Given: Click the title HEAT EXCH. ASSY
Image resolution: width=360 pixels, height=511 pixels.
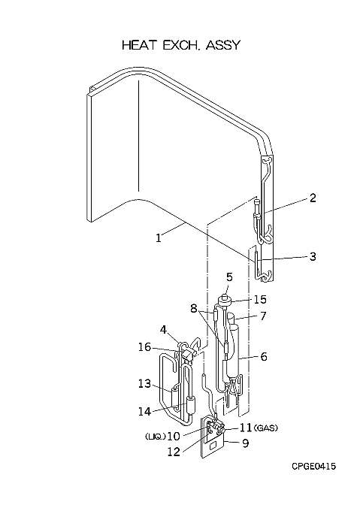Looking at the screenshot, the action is point(181,45).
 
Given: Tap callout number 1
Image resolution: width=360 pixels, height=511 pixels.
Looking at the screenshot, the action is point(159,238).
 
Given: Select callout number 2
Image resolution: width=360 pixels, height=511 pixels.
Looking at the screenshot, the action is point(313,198).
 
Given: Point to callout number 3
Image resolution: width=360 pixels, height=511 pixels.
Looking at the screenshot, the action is point(313,256).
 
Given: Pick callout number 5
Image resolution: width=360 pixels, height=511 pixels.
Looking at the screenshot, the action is point(230,277).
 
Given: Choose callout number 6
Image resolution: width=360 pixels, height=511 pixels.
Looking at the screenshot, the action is point(264,356).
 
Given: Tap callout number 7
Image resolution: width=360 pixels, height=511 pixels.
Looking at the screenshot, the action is point(263,316).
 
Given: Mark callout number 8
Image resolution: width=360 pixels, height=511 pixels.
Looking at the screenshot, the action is point(194,308).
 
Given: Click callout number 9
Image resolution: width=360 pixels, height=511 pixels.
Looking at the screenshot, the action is point(245,443).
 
